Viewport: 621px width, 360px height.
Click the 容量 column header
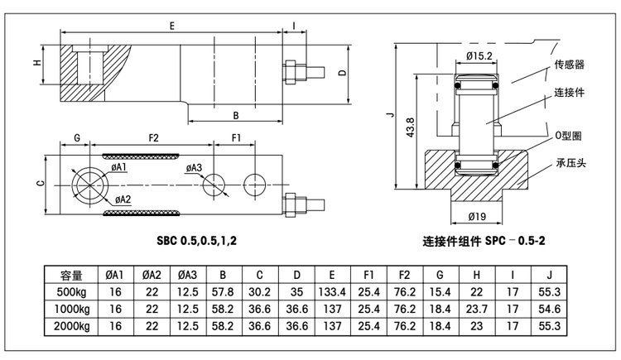click(x=71, y=275)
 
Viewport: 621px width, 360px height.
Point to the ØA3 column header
click(x=187, y=275)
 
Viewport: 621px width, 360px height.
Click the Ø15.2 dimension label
click(x=480, y=55)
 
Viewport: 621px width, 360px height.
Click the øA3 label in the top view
click(x=193, y=168)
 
